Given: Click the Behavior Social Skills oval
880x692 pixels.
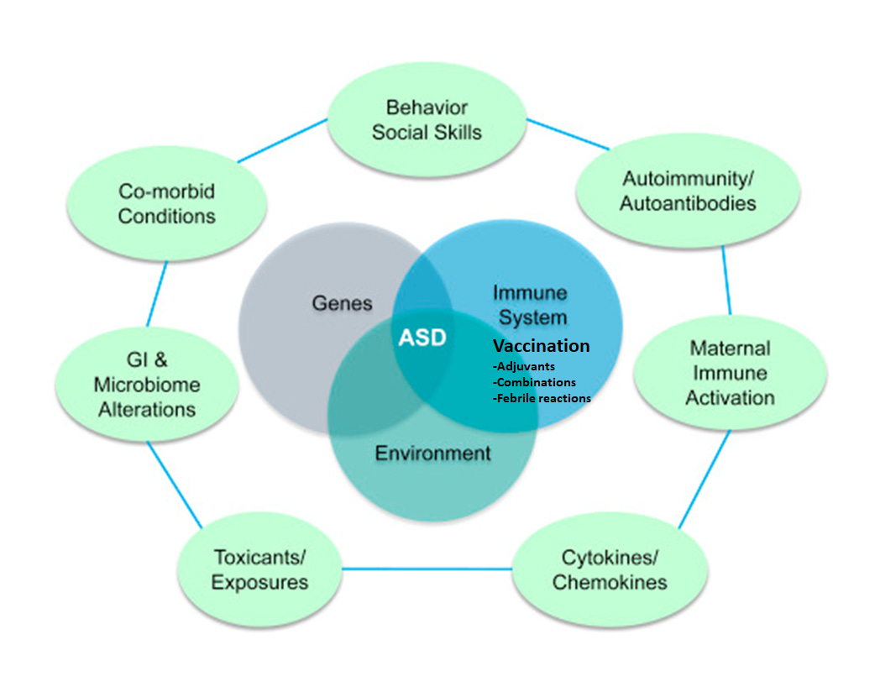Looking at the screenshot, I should coord(427,120).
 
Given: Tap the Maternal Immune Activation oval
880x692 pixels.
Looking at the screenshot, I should coord(729,372).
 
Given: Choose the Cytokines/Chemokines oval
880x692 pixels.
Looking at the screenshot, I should coord(609,569).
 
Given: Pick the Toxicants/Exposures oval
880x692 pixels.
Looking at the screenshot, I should coord(259,569).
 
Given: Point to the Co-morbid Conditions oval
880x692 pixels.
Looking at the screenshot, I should coord(166,204).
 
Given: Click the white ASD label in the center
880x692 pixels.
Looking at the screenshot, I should coord(422,338).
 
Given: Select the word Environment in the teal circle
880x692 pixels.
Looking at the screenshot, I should coord(432,453).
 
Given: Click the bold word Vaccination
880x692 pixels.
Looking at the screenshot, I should coord(541,346).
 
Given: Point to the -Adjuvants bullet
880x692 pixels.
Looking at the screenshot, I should coord(523,366).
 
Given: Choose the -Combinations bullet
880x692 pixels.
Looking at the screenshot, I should coord(534,382).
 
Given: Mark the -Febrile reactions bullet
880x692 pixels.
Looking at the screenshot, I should coord(542,398).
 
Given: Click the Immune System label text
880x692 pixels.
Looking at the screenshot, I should coord(530,306).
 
